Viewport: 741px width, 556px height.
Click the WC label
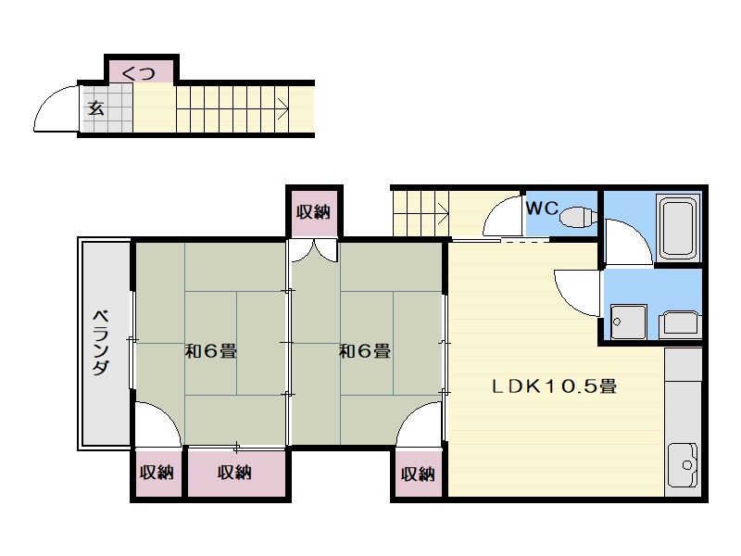(542, 208)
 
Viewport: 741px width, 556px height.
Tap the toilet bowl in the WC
(577, 216)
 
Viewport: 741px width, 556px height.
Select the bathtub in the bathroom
(679, 228)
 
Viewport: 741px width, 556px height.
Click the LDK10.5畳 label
(554, 386)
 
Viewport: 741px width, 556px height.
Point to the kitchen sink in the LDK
(684, 465)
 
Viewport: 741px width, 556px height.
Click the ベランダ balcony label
(101, 342)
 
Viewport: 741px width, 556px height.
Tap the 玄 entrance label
(95, 109)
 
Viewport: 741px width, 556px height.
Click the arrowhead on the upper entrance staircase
(284, 109)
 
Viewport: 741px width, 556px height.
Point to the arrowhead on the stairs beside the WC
(444, 212)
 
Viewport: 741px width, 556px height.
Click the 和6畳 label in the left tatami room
(210, 351)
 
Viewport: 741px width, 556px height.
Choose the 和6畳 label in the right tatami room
(365, 351)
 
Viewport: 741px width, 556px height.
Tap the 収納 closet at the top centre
(314, 212)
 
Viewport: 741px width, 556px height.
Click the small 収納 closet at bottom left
(157, 473)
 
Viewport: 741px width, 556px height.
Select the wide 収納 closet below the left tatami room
(235, 473)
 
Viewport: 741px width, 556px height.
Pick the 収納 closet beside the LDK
(418, 474)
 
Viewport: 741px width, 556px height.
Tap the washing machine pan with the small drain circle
(629, 322)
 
